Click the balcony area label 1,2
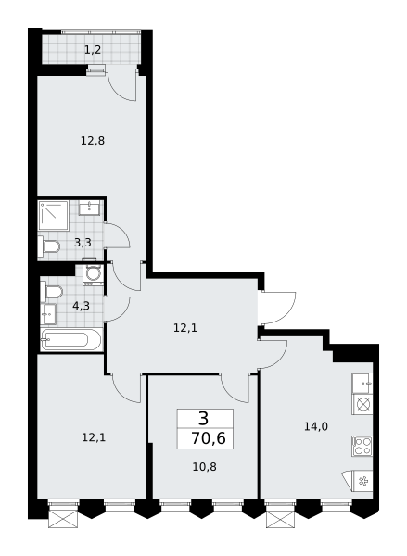93,50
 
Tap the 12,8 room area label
93,141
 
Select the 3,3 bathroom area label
83,243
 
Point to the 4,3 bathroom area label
81,305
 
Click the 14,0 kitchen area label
316,426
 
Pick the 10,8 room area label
204,467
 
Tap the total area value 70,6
209,438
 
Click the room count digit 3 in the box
204,419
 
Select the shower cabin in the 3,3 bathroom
53,215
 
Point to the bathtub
71,340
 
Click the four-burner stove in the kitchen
362,446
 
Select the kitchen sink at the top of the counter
362,384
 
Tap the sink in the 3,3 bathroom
90,208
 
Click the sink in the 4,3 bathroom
48,314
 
